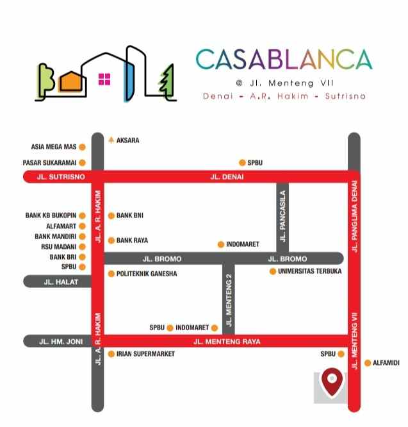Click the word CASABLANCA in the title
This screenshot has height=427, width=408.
click(x=284, y=60)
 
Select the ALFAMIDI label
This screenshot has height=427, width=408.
click(x=386, y=363)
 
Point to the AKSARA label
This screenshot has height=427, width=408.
click(x=127, y=140)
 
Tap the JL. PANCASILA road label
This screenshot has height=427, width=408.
click(x=282, y=216)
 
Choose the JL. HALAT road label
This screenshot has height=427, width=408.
click(x=57, y=281)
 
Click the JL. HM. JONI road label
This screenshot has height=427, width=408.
click(x=61, y=342)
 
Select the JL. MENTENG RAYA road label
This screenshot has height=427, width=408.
click(x=227, y=342)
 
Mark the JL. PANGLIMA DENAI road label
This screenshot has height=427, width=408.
click(x=354, y=218)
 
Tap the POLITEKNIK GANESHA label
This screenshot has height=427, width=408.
click(x=147, y=274)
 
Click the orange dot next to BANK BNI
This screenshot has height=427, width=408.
click(x=111, y=216)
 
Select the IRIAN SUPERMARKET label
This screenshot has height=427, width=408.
click(x=145, y=354)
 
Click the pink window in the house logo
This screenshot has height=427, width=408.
click(x=104, y=80)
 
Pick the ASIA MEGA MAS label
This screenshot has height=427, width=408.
click(x=54, y=147)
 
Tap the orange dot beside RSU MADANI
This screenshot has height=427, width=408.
click(x=82, y=246)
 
